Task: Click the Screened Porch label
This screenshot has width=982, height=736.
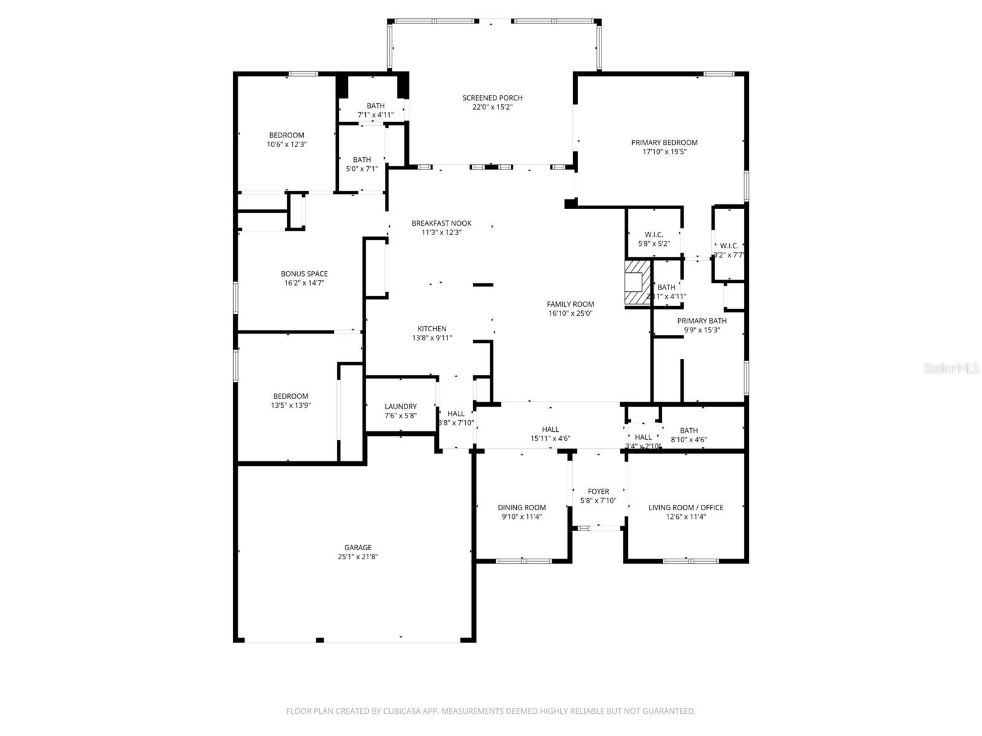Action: [x=492, y=98]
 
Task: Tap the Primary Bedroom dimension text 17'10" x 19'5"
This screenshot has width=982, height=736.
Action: [x=664, y=152]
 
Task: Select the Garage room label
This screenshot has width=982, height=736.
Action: [x=358, y=548]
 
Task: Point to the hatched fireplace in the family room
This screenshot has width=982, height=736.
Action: [x=636, y=283]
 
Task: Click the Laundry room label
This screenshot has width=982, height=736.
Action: [x=401, y=407]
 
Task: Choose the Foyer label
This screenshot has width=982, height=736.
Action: [x=598, y=491]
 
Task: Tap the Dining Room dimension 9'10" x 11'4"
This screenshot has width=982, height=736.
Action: [x=522, y=516]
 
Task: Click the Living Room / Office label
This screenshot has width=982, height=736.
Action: [x=686, y=507]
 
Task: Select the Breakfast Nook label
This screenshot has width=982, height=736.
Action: [x=441, y=223]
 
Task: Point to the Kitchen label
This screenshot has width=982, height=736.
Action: [x=432, y=329]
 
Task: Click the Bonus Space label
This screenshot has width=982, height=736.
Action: [x=304, y=274]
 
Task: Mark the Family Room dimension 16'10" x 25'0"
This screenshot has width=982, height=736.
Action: [x=571, y=313]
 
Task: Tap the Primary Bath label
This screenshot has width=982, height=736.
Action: [x=702, y=321]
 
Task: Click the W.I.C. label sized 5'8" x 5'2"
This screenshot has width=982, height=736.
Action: [x=654, y=234]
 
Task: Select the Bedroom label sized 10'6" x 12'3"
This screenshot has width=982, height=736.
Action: [x=287, y=135]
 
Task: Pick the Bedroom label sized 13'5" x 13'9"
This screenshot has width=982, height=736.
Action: [x=290, y=396]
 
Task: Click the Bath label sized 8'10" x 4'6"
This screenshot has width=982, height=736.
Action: [x=689, y=431]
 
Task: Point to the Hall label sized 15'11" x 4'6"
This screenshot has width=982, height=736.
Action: [x=550, y=429]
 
